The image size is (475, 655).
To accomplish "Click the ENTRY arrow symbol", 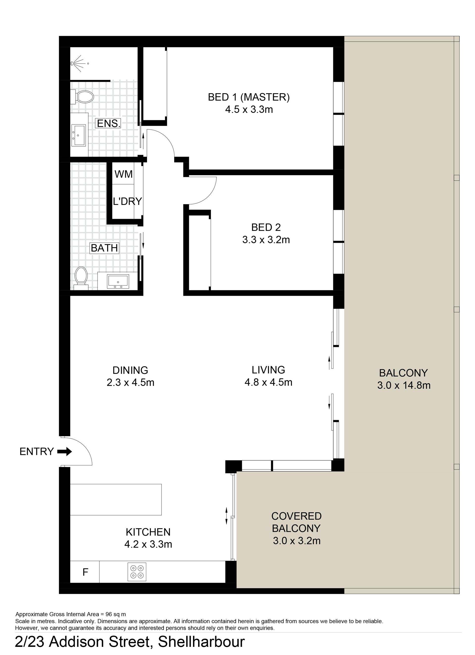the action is click(64, 451).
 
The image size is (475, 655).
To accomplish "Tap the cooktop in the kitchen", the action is click(137, 572).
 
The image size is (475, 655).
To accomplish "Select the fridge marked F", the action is click(85, 572).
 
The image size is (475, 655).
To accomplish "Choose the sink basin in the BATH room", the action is click(118, 281).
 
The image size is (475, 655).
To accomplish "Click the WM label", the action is click(124, 174).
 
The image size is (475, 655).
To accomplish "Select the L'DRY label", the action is click(127, 201).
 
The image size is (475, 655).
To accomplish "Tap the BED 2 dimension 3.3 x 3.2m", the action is click(266, 240).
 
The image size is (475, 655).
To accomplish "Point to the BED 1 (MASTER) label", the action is click(249, 97).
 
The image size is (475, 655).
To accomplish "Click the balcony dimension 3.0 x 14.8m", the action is click(404, 385).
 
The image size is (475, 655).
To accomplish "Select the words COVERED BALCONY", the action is click(296, 522).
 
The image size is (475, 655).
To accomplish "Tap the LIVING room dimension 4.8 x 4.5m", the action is click(268, 382).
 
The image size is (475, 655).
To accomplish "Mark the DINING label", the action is click(130, 370).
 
